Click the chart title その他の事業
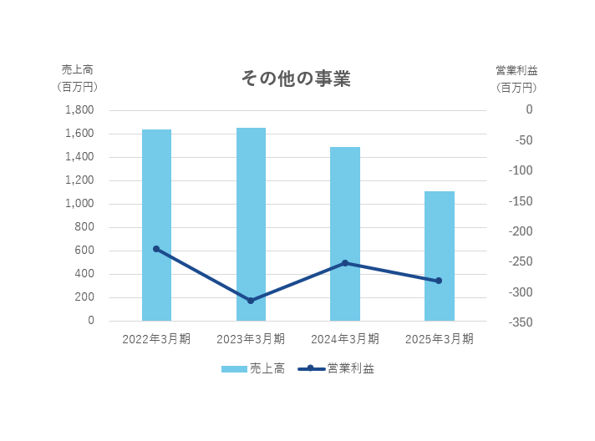pyautogui.click(x=296, y=79)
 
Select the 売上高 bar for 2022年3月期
pyautogui.click(x=156, y=226)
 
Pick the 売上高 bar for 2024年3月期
pyautogui.click(x=345, y=234)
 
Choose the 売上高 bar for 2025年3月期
pyautogui.click(x=440, y=256)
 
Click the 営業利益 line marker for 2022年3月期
pyautogui.click(x=156, y=249)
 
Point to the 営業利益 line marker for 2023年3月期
pyautogui.click(x=251, y=301)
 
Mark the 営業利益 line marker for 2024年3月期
pyautogui.click(x=345, y=263)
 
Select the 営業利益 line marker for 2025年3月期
pyautogui.click(x=440, y=281)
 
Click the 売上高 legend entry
pyautogui.click(x=253, y=368)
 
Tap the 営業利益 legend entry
pyautogui.click(x=336, y=368)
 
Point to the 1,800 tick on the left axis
pyautogui.click(x=79, y=110)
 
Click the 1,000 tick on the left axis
pyautogui.click(x=79, y=204)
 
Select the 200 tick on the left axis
pyautogui.click(x=85, y=297)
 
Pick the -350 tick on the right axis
pyautogui.click(x=517, y=322)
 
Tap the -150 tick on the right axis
pyautogui.click(x=517, y=201)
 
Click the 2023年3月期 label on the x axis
pyautogui.click(x=251, y=339)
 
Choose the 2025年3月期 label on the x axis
pyautogui.click(x=440, y=339)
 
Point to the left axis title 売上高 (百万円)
pyautogui.click(x=77, y=78)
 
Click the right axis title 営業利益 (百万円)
pyautogui.click(x=516, y=78)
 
